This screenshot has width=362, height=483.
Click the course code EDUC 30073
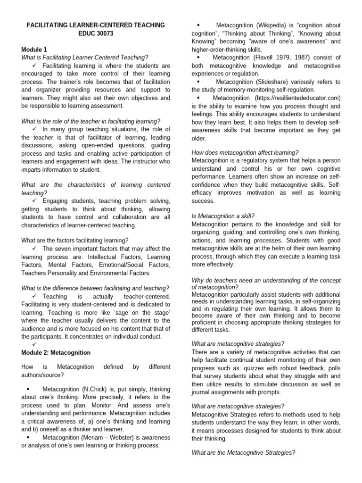(96, 33)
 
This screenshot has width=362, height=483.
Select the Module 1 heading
(34, 49)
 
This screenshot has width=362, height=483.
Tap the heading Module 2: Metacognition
(56, 352)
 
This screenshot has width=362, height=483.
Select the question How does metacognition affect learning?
(245, 152)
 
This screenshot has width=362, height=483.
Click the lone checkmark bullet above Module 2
(35, 345)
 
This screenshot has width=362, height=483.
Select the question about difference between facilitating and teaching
(96, 288)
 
